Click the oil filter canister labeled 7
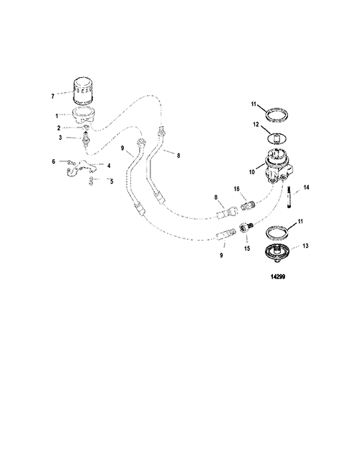tap(84, 91)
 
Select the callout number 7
tap(53, 97)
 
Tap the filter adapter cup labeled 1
tap(84, 116)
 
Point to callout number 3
tap(60, 138)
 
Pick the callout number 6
tap(53, 161)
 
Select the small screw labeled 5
tap(91, 181)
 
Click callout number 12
tap(256, 125)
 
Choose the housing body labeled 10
tap(278, 166)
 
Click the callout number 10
tap(252, 171)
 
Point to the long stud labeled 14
tap(289, 197)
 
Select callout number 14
tap(306, 187)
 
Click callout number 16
tap(237, 189)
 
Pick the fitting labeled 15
tap(245, 228)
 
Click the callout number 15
tap(247, 248)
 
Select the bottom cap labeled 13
tap(276, 253)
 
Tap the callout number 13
tap(305, 246)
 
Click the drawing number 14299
tap(278, 277)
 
